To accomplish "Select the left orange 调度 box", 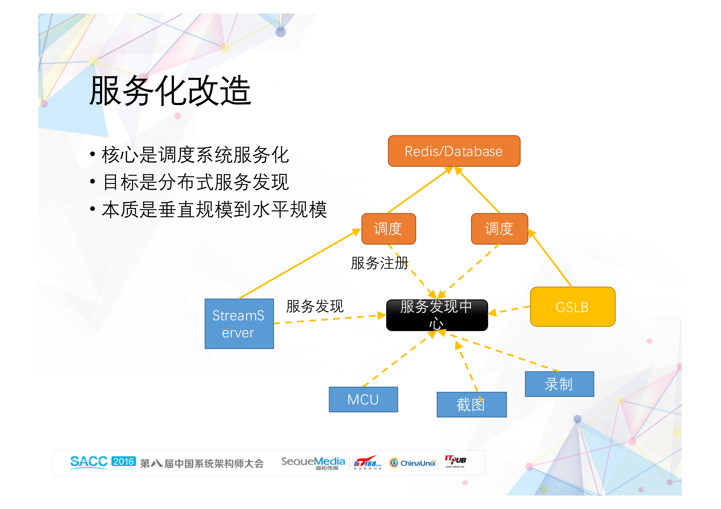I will [x=388, y=229].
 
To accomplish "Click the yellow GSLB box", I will [x=572, y=307].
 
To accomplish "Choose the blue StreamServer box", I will [x=239, y=324].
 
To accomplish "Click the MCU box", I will [x=363, y=399].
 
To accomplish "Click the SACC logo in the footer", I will [x=89, y=462].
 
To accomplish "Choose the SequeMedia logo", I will [x=313, y=463].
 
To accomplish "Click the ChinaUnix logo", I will [x=413, y=463].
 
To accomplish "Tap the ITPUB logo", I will [x=455, y=461].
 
